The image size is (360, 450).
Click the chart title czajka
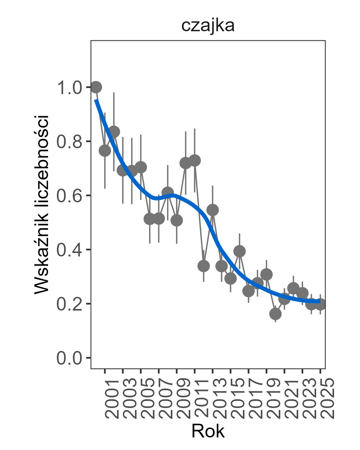pyautogui.click(x=207, y=26)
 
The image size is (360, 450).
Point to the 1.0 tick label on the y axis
pyautogui.click(x=69, y=88)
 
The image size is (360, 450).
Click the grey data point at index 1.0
pyautogui.click(x=96, y=87)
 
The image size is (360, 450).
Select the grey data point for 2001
pyautogui.click(x=105, y=151)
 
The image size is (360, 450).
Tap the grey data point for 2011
pyautogui.click(x=194, y=160)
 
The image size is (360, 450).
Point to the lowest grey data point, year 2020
pyautogui.click(x=275, y=314)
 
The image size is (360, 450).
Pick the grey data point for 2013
pyautogui.click(x=212, y=210)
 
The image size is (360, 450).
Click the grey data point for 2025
pyautogui.click(x=320, y=304)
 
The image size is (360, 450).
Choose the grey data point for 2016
pyautogui.click(x=239, y=251)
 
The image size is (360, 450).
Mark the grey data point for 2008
pyautogui.click(x=168, y=192)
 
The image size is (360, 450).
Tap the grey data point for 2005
pyautogui.click(x=141, y=167)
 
